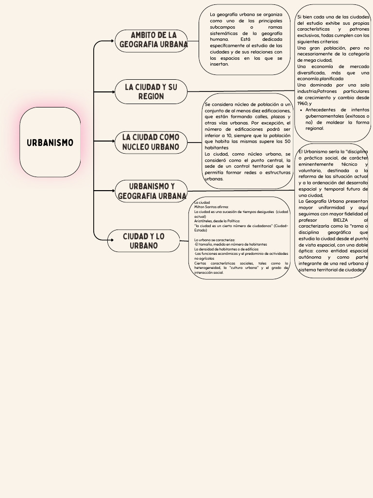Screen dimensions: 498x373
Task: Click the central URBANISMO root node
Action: [50, 142]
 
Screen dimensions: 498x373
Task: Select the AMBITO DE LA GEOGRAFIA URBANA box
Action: [152, 40]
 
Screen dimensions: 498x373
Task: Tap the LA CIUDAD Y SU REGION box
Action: [151, 92]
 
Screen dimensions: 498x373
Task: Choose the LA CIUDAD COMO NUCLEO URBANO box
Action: [151, 142]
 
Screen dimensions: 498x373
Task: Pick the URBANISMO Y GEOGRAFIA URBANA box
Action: [152, 191]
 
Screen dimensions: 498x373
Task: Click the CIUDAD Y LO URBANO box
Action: [144, 241]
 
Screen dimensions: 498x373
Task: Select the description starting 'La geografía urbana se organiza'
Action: [246, 39]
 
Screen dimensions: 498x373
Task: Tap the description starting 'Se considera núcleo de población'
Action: [248, 142]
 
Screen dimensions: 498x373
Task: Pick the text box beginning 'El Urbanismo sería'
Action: [333, 210]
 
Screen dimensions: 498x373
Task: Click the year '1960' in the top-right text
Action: [302, 104]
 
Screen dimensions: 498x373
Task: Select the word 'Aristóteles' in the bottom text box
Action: [203, 221]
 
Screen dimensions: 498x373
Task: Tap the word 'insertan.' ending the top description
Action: [219, 64]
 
